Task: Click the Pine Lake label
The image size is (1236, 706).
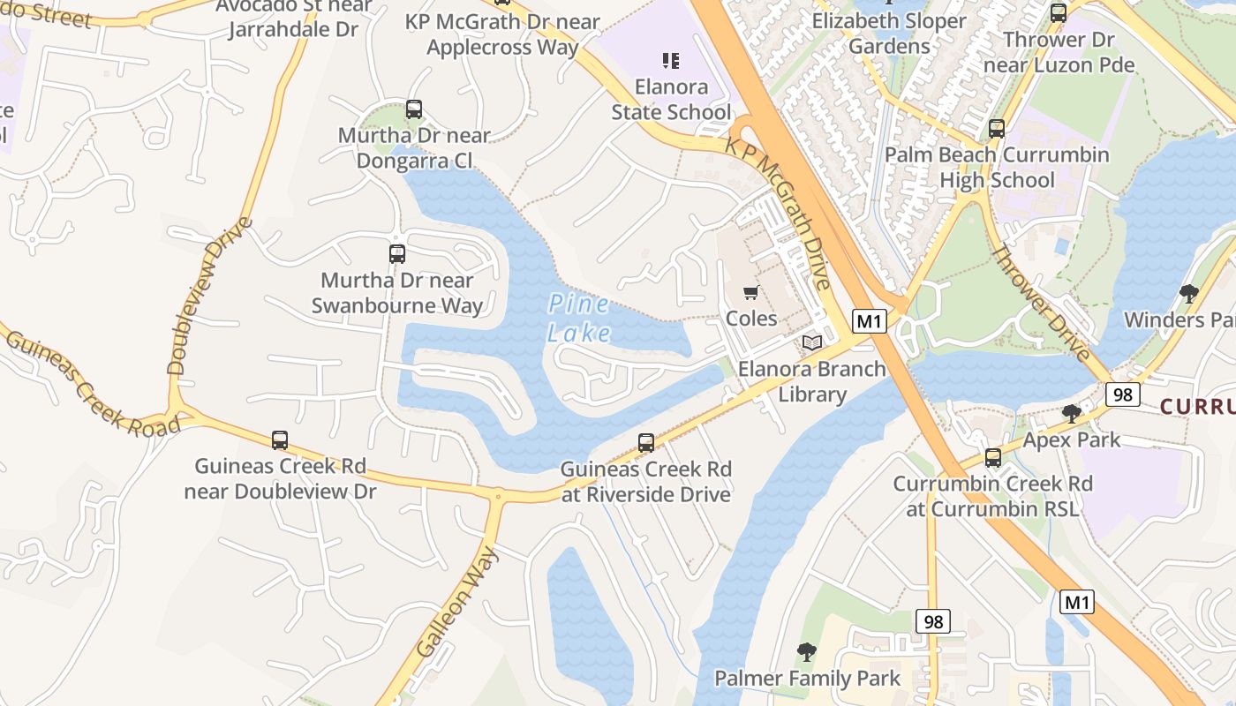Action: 578,319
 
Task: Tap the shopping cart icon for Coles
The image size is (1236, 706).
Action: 750,293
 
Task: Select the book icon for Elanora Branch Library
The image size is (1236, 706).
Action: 811,342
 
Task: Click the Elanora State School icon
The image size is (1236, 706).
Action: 671,61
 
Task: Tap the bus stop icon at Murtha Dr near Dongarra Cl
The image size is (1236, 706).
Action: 414,110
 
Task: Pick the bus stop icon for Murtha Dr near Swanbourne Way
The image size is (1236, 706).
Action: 397,254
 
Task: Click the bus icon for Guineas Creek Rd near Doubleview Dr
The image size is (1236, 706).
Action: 280,439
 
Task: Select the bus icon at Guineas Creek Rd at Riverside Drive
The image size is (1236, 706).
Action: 646,443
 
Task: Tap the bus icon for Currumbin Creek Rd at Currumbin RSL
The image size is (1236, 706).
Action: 993,458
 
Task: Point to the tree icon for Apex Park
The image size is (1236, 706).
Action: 1072,413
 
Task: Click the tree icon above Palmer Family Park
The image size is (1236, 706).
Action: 806,652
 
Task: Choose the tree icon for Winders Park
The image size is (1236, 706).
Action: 1188,293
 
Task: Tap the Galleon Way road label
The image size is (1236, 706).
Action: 457,602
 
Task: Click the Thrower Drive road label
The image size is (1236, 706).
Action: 1041,303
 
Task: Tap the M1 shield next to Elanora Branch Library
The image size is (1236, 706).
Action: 869,321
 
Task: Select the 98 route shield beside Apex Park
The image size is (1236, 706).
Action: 1122,394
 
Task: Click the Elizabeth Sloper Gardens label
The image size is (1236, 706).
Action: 889,33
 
